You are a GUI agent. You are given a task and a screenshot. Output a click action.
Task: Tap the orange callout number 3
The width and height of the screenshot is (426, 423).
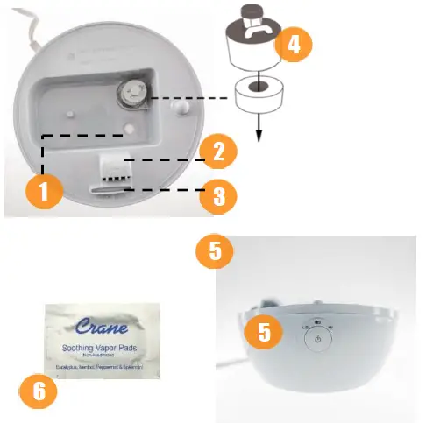pos(216,195)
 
